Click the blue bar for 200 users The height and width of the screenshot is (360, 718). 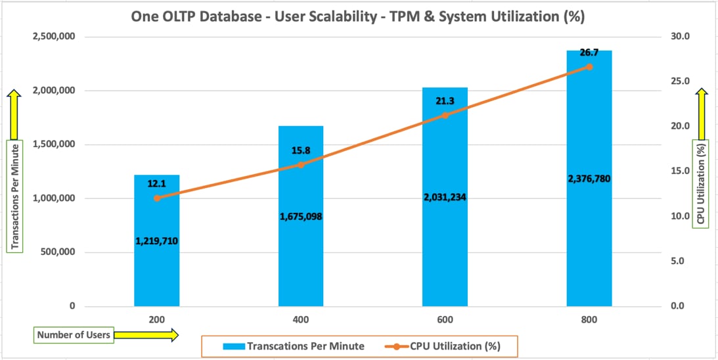click(156, 276)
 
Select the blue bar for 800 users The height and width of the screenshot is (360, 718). click(589, 250)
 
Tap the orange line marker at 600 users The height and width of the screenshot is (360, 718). click(445, 115)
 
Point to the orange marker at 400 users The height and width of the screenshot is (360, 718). click(301, 164)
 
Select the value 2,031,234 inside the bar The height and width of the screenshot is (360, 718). click(445, 197)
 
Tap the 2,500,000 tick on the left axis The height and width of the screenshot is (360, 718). click(53, 37)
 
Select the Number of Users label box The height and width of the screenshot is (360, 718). click(74, 335)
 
